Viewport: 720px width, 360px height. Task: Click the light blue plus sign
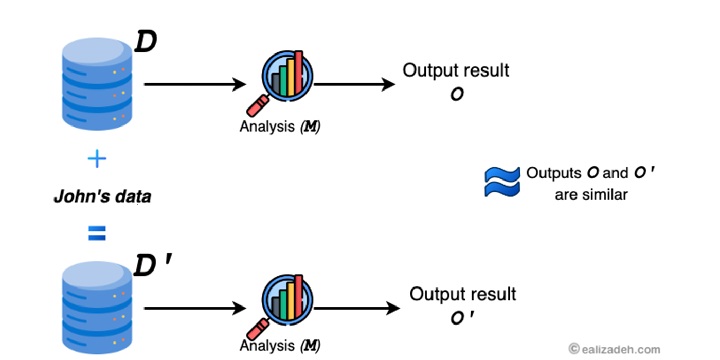(x=97, y=159)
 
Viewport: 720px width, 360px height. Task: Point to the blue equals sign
(x=97, y=235)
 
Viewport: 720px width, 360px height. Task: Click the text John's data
(x=102, y=196)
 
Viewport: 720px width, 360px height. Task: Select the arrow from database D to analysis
(x=195, y=84)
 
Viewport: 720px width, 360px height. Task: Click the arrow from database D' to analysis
(x=195, y=308)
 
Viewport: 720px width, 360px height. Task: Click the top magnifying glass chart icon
(x=286, y=77)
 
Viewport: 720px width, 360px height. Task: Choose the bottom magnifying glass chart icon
(x=286, y=301)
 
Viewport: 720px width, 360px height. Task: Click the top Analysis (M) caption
(x=280, y=127)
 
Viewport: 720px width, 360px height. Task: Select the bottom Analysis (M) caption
(x=280, y=345)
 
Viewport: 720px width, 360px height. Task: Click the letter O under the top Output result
(x=456, y=94)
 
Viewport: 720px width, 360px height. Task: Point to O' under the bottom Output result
(x=461, y=318)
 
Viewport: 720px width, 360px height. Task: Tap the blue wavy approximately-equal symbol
(x=502, y=182)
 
